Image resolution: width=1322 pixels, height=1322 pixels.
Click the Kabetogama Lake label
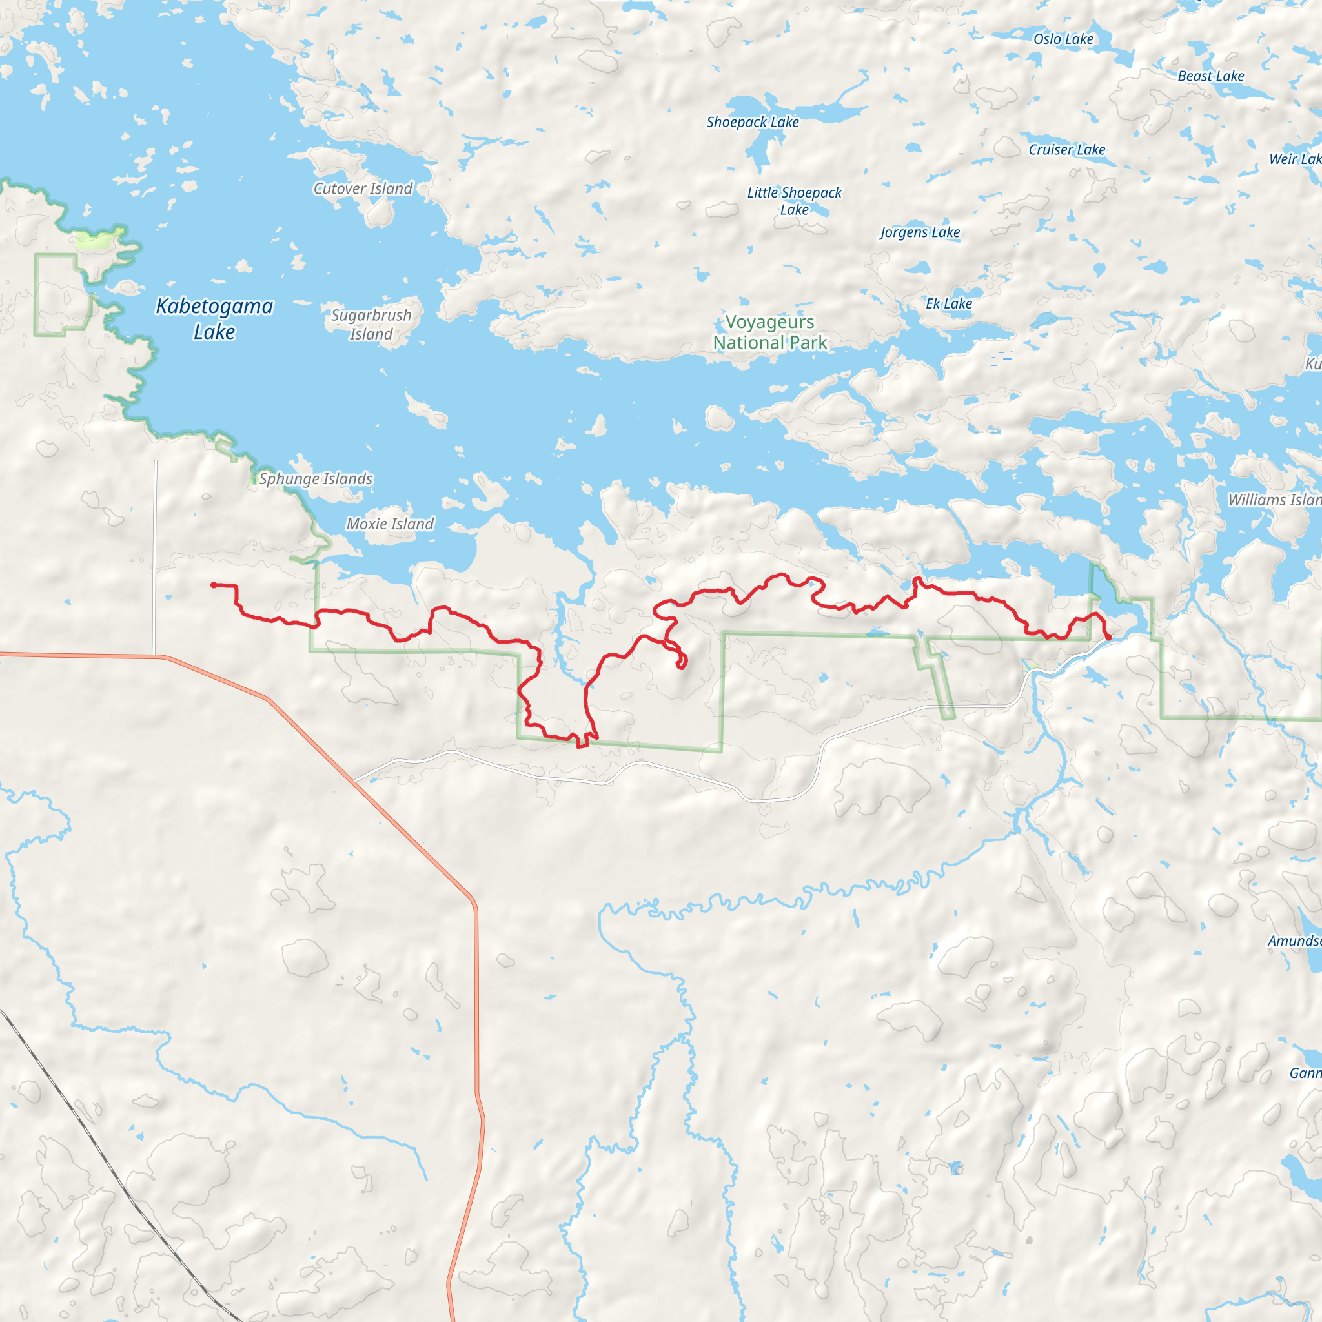214,319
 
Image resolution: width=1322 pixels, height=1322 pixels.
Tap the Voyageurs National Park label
770,332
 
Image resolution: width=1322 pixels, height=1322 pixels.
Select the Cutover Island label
363,189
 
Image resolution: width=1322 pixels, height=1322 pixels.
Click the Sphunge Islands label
316,479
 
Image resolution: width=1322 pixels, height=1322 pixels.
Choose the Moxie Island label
390,524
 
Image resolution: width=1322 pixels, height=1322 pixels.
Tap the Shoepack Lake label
752,123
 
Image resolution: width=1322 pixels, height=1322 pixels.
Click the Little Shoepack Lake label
794,201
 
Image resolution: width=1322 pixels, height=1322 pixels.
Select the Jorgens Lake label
920,232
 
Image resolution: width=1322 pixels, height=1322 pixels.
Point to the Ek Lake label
948,304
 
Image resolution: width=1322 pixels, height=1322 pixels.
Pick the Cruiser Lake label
1067,150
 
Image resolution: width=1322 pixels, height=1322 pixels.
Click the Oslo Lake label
1063,39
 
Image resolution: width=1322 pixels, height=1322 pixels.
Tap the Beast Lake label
1210,77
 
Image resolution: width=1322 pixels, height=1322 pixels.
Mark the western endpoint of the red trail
214,585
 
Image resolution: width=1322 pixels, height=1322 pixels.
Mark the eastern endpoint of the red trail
1108,638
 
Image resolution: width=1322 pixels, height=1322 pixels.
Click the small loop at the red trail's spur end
682,662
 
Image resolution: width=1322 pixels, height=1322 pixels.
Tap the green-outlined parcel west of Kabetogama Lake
61,294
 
